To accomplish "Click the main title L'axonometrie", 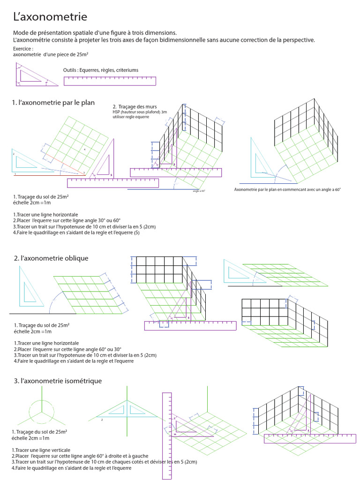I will pyautogui.click(x=50, y=17).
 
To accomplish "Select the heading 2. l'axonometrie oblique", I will pyautogui.click(x=51, y=258).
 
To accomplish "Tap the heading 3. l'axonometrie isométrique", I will pyautogui.click(x=58, y=381).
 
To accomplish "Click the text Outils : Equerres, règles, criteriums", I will pyautogui.click(x=100, y=70).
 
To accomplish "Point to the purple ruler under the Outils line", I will pyautogui.click(x=110, y=81).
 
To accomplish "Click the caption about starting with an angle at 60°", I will pyautogui.click(x=287, y=189).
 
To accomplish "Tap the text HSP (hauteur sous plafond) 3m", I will pyautogui.click(x=139, y=112).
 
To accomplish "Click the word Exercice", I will pyautogui.click(x=23, y=49).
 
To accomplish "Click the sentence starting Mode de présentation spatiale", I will pyautogui.click(x=95, y=33).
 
